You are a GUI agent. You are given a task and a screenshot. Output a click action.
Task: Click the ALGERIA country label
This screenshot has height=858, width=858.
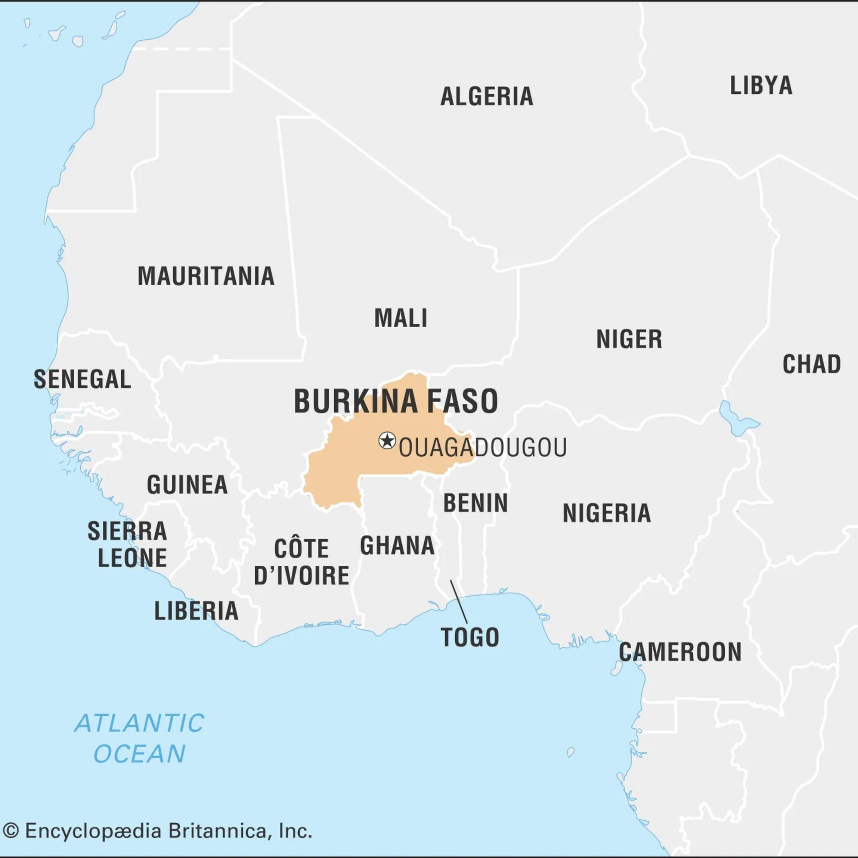click(x=486, y=97)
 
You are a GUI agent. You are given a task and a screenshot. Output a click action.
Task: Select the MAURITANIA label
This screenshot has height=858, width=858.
click(x=206, y=277)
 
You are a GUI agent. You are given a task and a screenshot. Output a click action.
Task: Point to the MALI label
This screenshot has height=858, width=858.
click(x=400, y=318)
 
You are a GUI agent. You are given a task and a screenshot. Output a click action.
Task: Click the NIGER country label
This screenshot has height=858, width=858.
click(x=629, y=340)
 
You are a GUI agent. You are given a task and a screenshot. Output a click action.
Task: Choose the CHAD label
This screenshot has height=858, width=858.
click(x=811, y=365)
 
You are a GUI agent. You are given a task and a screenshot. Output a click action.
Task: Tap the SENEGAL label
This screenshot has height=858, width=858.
click(x=82, y=380)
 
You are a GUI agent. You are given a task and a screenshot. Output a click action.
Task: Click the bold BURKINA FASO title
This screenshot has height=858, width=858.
click(x=396, y=402)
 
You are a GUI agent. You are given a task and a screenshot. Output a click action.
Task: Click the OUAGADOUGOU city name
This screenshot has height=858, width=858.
click(x=482, y=447)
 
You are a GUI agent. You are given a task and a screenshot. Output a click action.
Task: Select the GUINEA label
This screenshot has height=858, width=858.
click(x=187, y=484)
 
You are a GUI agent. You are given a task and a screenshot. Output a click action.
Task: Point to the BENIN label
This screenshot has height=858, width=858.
click(x=475, y=503)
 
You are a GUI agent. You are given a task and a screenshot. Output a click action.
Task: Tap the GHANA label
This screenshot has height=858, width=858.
click(x=397, y=546)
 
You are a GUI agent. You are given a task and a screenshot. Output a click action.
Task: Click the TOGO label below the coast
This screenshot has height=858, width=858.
click(x=470, y=638)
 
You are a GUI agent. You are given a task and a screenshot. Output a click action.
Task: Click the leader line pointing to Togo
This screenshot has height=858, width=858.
click(x=458, y=601)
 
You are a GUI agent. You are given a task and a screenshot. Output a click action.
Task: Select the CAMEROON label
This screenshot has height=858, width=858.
click(x=680, y=652)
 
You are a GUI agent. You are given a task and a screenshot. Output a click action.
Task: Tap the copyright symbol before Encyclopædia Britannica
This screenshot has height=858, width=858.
click(x=11, y=831)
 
